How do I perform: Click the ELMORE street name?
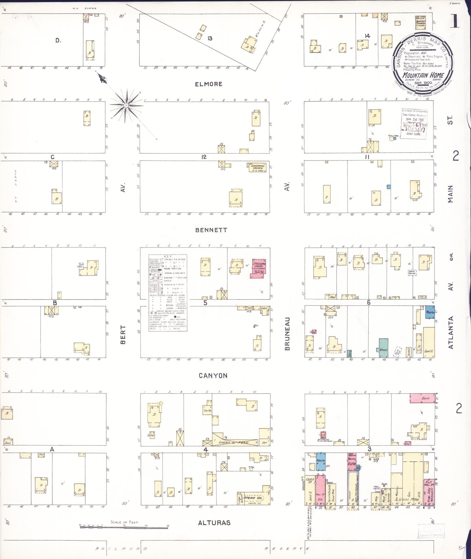(x=208, y=84)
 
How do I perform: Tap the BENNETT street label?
(x=211, y=230)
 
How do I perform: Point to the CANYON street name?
(x=213, y=375)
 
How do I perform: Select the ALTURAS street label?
(x=214, y=523)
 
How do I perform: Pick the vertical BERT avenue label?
(x=123, y=335)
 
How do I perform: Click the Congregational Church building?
(x=257, y=167)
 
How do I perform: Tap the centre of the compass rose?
(x=126, y=105)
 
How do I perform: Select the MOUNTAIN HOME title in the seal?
(x=423, y=75)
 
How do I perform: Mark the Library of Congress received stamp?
(x=414, y=123)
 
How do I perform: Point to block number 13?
(x=210, y=38)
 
